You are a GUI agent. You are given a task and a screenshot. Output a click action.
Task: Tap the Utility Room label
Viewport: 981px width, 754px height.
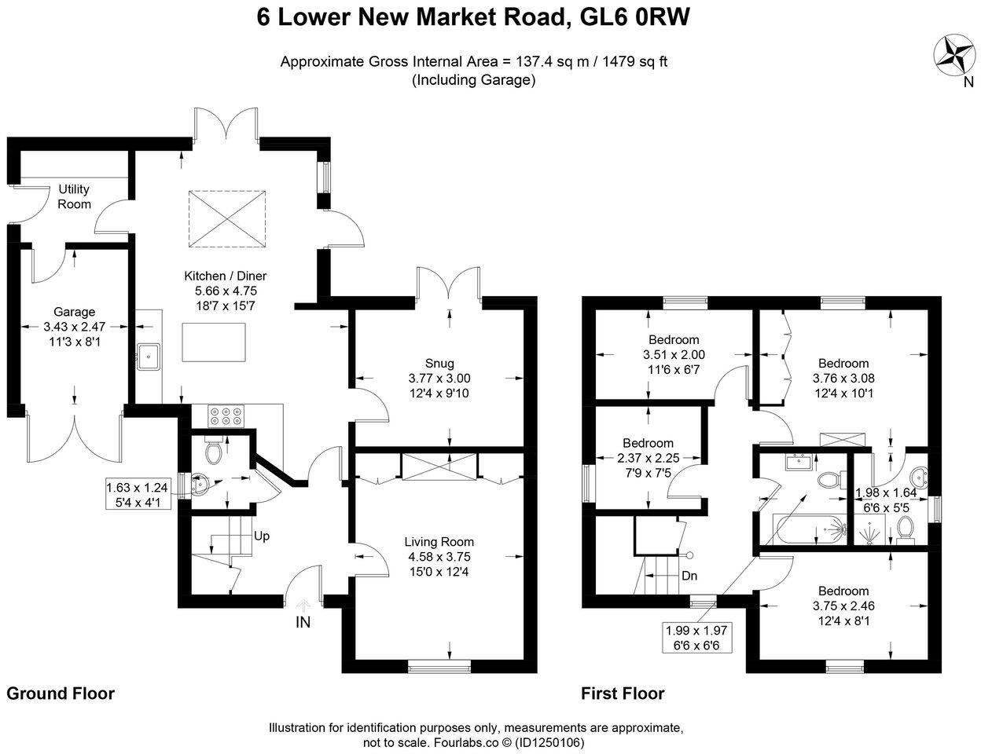coord(74,196)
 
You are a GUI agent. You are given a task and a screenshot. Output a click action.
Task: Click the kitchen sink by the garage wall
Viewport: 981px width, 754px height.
coord(147,356)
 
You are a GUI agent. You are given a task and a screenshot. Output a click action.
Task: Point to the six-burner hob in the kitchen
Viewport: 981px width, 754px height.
coord(226,415)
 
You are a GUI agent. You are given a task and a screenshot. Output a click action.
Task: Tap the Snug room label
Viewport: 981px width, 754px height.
coord(439,363)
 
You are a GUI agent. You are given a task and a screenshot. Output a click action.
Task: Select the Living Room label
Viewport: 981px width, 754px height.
coord(439,541)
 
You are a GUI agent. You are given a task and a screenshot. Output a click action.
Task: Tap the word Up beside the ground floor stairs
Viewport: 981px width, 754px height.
coord(262,536)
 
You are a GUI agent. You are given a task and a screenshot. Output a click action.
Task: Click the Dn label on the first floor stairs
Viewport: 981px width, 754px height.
coord(689,575)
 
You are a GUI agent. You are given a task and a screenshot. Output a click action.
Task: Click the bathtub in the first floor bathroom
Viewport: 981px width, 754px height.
coord(809,531)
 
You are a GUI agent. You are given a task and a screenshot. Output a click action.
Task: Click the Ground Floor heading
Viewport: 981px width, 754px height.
coord(61,694)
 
